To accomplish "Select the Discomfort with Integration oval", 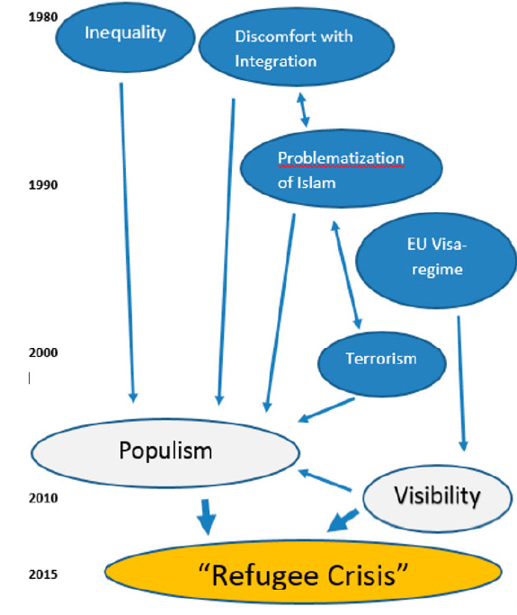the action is coord(297,47).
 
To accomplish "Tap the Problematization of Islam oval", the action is coord(342,169).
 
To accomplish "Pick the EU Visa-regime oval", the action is coord(436,261).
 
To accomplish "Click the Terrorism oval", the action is coord(381,363).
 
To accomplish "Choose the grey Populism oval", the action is coord(165,453).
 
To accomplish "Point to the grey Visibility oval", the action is coord(437,498).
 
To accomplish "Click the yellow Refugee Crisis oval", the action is coord(303,572).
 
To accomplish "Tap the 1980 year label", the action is coord(43,17).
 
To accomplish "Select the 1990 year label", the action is coord(43,184).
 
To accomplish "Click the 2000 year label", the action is coord(43,352).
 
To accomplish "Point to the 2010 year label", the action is coord(43,498).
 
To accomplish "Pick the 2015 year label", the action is coord(43,575).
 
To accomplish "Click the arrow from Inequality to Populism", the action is coord(127,243).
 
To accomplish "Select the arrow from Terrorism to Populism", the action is coord(326,410).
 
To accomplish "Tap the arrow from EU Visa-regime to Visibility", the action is coord(461,384).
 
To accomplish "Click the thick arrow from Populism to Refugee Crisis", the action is coord(206,517).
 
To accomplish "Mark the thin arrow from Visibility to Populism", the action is coord(325,480).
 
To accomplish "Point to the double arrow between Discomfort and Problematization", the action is coord(303,110).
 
